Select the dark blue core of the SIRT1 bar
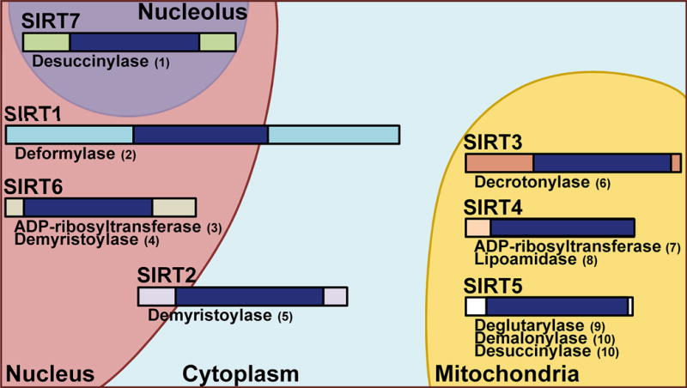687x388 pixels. tap(200, 135)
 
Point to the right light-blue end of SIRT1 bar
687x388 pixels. tap(333, 135)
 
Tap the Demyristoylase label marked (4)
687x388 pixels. tap(76, 240)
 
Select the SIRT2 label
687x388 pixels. tap(166, 276)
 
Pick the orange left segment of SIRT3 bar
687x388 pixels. tap(499, 163)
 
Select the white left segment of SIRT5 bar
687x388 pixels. tap(476, 306)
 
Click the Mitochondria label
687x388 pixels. tap(507, 373)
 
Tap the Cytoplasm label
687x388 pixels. tap(240, 373)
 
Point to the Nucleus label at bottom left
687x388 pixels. tap(50, 373)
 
